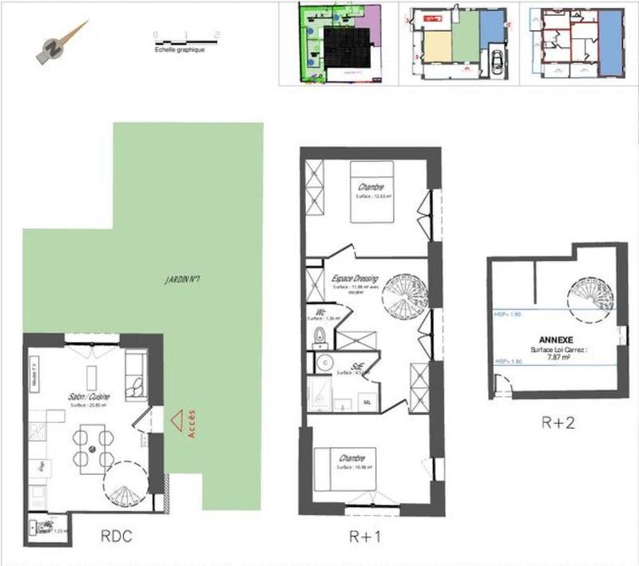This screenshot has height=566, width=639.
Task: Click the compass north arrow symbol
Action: tap(61, 43)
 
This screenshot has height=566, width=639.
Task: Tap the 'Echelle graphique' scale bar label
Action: tap(179, 49)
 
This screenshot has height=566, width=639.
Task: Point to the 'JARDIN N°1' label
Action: tap(183, 280)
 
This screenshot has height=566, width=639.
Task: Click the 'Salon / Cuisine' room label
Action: tap(89, 397)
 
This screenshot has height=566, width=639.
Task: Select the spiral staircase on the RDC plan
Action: tap(125, 486)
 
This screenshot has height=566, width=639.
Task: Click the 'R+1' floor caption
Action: tap(367, 537)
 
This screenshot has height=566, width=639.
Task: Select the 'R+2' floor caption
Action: tap(557, 422)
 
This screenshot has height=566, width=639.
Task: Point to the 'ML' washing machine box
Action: tap(369, 402)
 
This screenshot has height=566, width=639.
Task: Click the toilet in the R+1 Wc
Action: tap(319, 335)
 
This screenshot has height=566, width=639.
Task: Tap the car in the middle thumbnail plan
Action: tap(495, 60)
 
